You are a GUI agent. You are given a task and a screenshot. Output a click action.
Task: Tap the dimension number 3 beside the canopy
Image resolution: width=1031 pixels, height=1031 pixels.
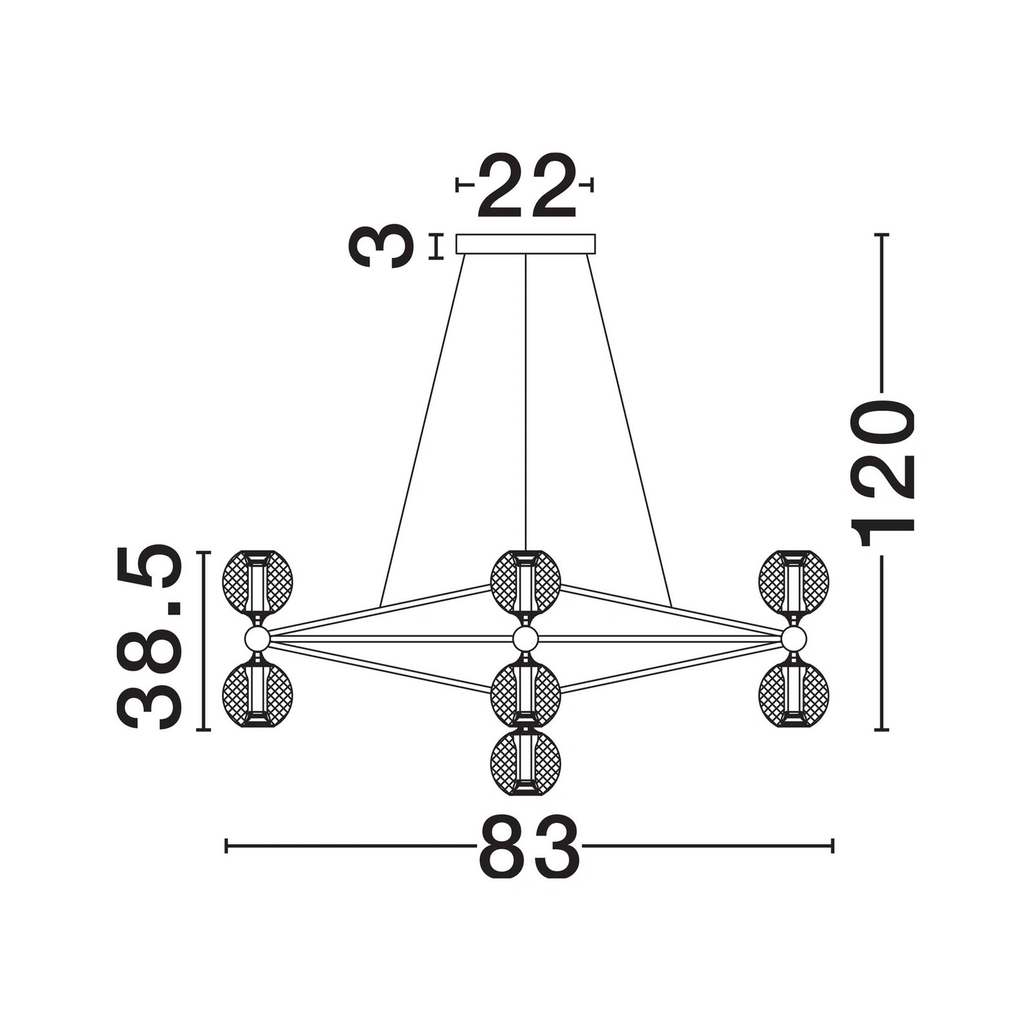coord(380,246)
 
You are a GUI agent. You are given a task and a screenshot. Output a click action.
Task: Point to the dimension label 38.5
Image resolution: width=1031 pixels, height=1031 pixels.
coord(147,637)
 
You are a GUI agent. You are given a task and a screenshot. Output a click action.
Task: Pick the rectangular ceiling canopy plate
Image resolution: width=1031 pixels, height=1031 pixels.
coord(526,244)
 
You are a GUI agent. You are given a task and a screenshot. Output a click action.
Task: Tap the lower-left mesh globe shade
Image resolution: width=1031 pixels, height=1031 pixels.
coord(257,696)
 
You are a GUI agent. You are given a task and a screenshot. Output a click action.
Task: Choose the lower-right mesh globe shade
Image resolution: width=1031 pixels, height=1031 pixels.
coord(794,696)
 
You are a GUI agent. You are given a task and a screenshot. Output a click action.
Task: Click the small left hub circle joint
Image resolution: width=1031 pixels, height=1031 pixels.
coord(257,639)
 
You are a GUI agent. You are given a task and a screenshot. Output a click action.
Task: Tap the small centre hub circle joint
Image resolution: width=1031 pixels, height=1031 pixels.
coord(526,639)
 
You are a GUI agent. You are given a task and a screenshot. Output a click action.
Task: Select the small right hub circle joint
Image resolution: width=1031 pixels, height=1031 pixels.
coord(794,639)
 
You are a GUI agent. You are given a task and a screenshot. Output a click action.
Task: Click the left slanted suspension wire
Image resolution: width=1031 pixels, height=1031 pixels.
coord(423,430)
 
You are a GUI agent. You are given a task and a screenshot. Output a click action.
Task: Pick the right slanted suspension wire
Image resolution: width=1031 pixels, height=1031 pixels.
coord(628,430)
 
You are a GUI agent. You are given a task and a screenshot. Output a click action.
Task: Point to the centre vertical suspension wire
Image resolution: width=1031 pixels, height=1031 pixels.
coord(526,401)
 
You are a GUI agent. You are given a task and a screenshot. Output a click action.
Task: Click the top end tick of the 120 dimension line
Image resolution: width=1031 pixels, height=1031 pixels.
coord(881,235)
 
